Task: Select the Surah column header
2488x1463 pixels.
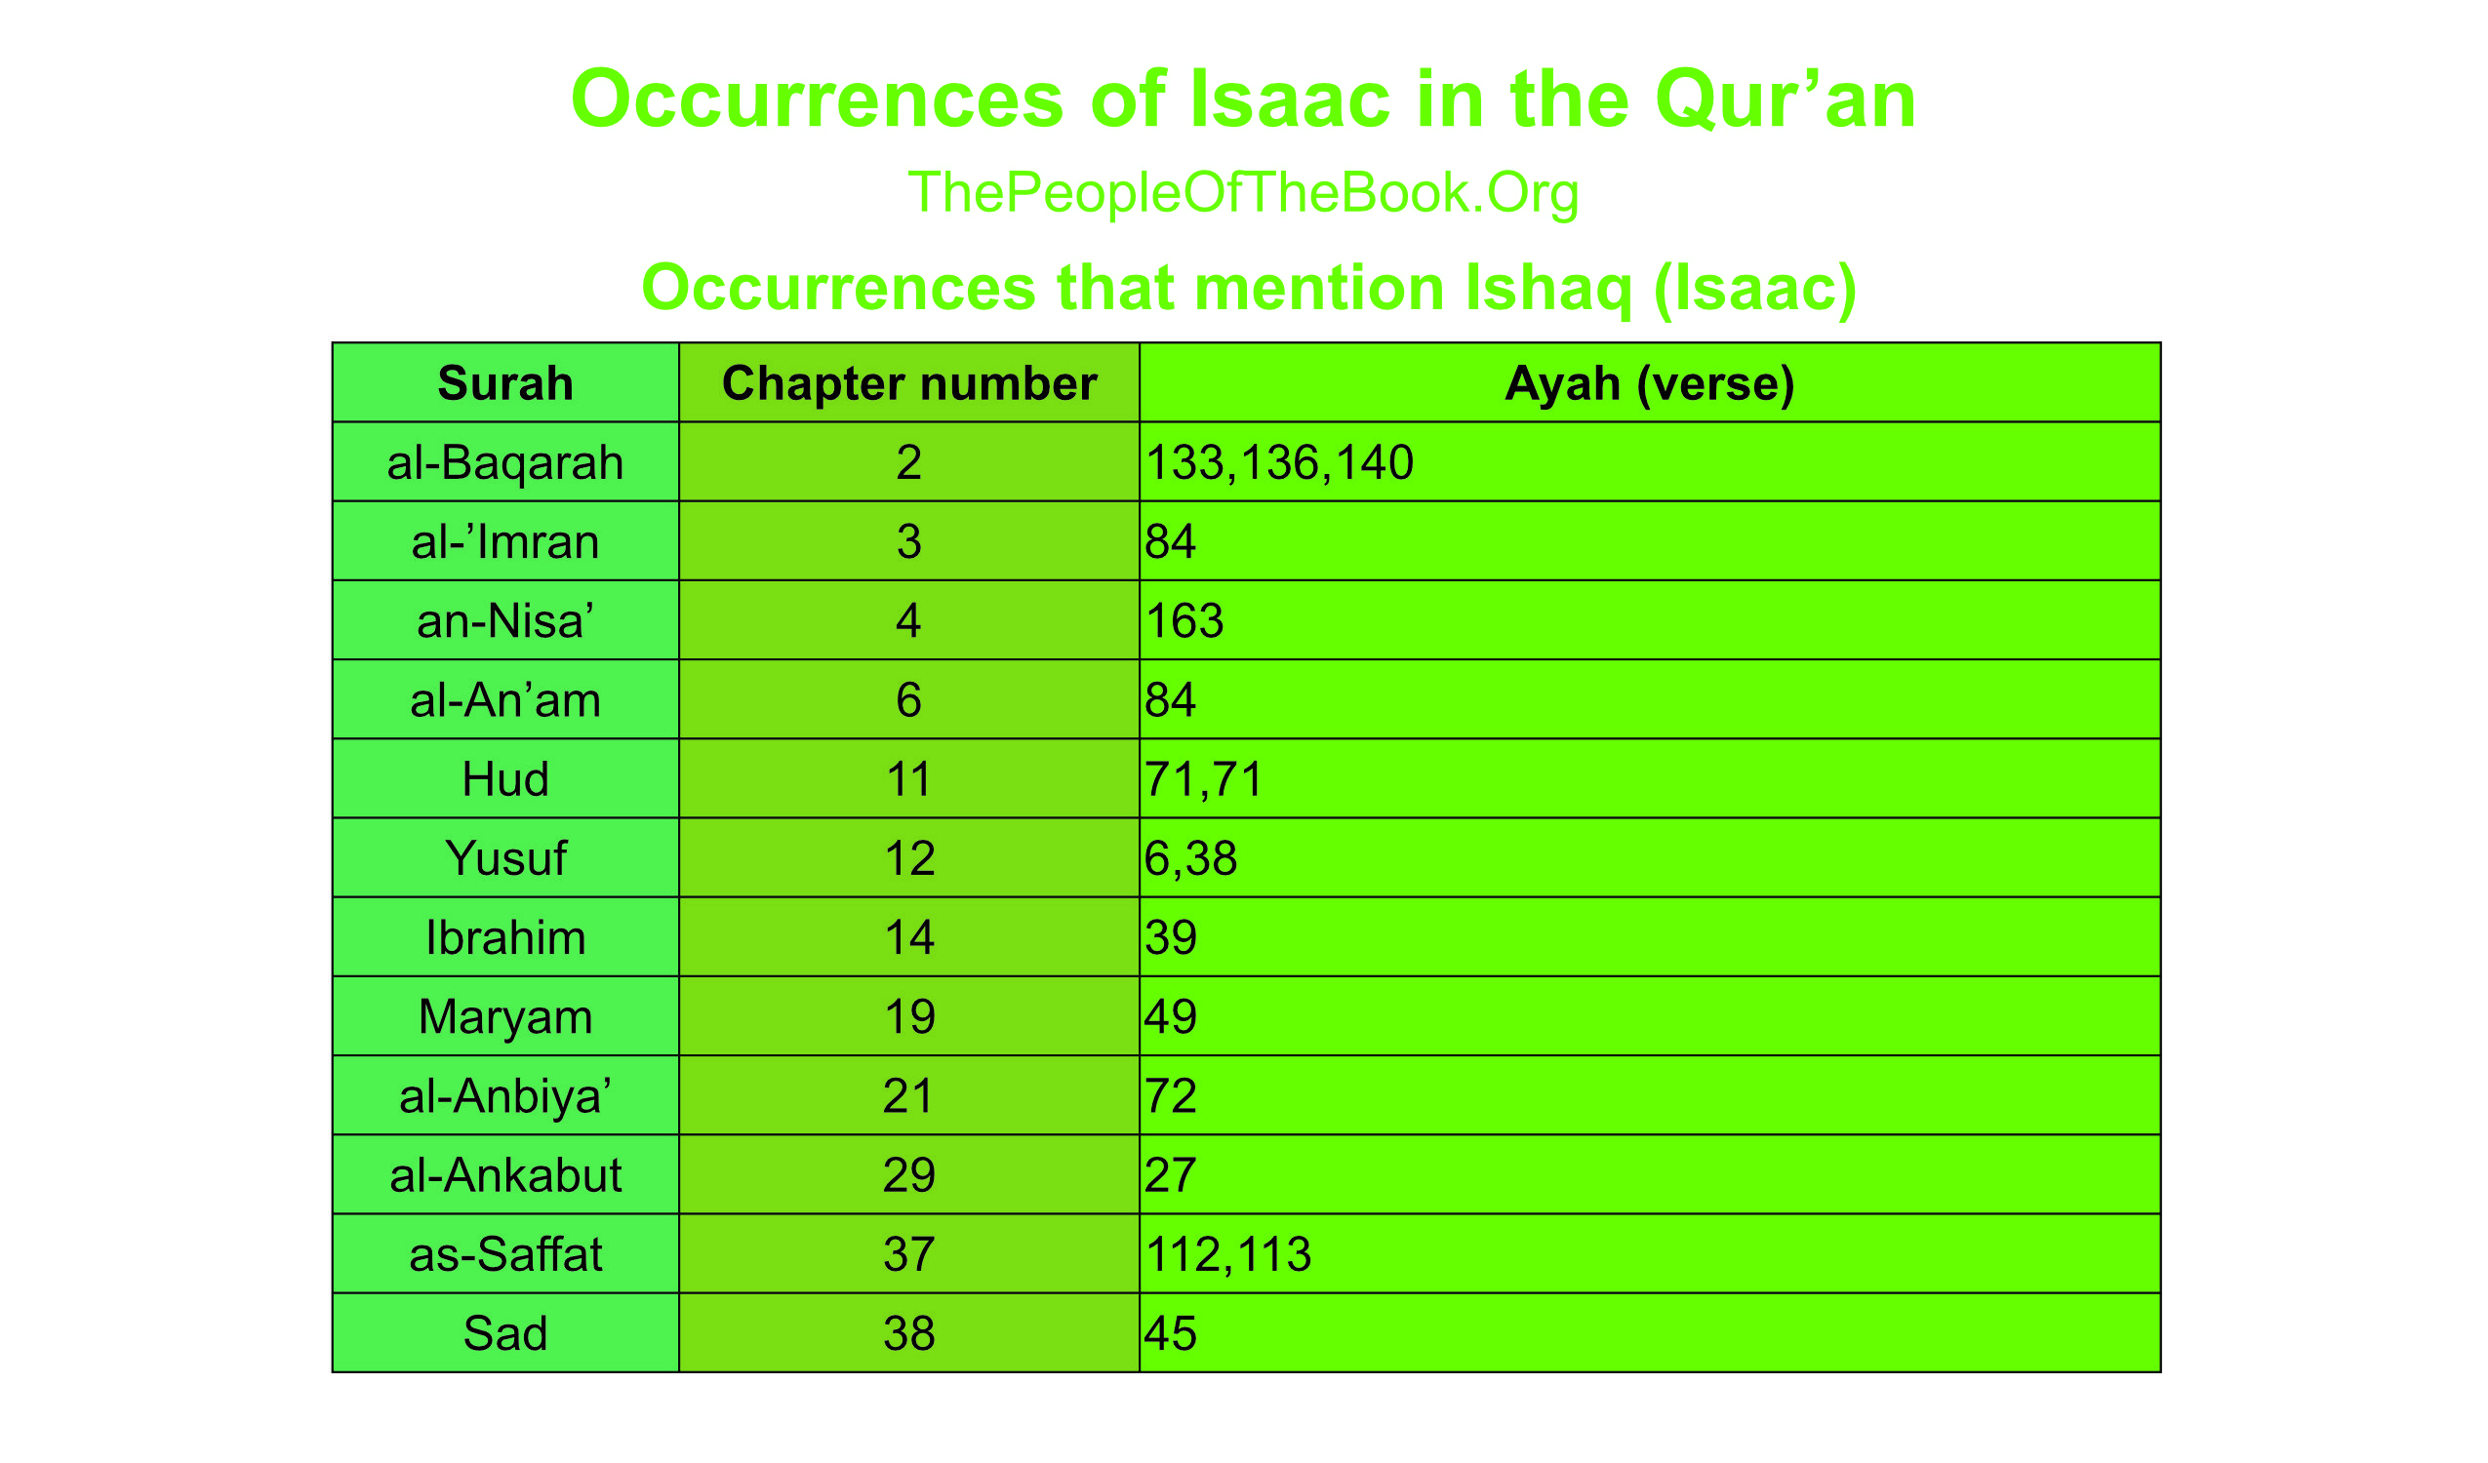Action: tap(505, 383)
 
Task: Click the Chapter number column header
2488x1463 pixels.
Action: tap(909, 383)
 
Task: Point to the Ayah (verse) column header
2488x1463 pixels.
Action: tap(1650, 383)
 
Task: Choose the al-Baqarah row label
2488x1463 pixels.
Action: tap(505, 463)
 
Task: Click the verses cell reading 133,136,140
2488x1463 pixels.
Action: tap(1279, 463)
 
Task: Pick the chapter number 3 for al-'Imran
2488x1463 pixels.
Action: tap(909, 542)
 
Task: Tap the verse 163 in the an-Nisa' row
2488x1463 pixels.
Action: tap(1184, 621)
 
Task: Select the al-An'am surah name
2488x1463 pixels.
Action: tap(505, 700)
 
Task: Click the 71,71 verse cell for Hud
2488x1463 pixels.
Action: tap(1205, 779)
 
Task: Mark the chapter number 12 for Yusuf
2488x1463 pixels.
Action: tap(909, 858)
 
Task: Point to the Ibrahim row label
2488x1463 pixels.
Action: tap(505, 937)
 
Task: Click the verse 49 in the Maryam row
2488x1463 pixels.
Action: tap(1171, 1017)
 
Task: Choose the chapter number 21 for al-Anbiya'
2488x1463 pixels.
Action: tap(909, 1095)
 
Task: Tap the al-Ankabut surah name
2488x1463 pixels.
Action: tap(505, 1174)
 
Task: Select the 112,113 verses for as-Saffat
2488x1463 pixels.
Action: tap(1228, 1253)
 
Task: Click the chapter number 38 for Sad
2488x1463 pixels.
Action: tap(909, 1333)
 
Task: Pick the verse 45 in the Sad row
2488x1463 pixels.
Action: tap(1171, 1333)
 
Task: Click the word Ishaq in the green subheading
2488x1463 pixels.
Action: tap(1548, 288)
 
